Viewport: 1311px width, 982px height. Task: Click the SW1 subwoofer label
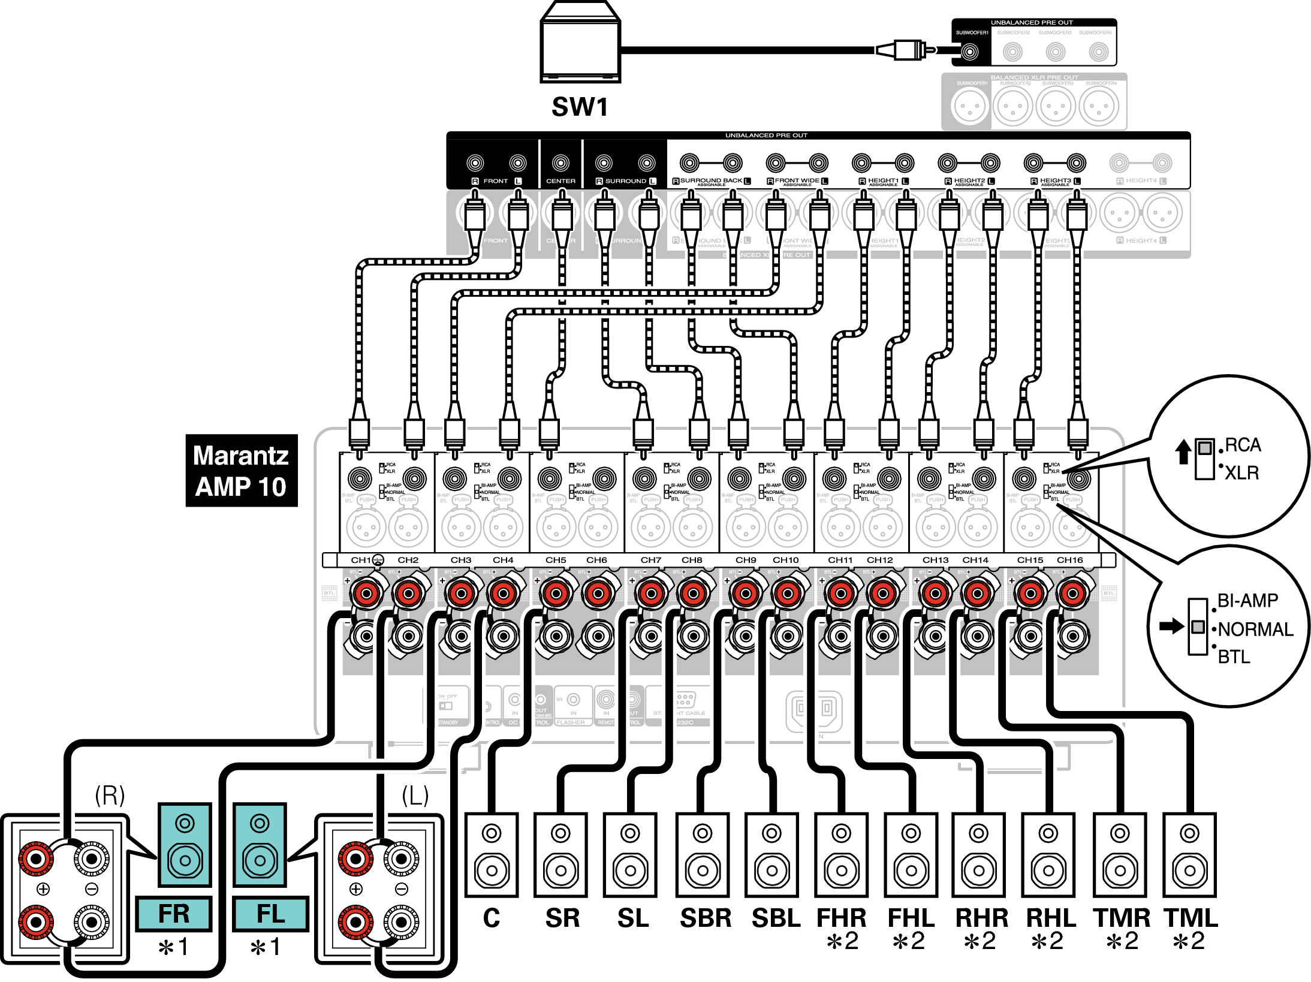point(580,107)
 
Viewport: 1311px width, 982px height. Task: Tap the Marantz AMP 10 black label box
point(241,471)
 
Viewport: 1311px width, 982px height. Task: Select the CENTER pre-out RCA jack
point(560,162)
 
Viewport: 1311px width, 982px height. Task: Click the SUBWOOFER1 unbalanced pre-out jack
point(969,52)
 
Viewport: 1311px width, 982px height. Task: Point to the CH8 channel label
point(692,560)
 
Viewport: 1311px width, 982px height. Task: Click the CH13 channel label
point(935,560)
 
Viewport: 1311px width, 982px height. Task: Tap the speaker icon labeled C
point(492,855)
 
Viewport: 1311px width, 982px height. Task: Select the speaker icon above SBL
point(771,855)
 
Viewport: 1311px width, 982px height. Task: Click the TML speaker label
point(1191,918)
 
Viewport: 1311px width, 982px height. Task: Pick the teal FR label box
point(174,914)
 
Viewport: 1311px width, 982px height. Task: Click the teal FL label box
point(270,914)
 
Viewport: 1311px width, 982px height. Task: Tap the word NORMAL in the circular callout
point(1255,629)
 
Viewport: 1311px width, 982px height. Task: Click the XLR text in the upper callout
point(1241,473)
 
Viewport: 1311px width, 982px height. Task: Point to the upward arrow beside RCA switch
point(1183,451)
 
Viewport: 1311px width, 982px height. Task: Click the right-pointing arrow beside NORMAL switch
point(1171,626)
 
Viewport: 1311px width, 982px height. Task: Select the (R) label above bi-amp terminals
point(110,796)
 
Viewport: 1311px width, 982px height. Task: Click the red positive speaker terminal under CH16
point(1072,594)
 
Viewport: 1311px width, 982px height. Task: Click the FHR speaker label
point(841,918)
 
